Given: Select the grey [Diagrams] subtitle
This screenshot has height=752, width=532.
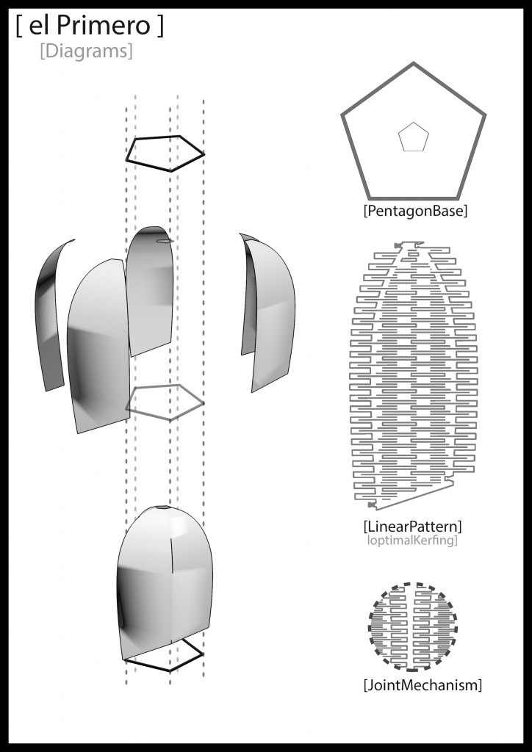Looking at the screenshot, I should pyautogui.click(x=87, y=52).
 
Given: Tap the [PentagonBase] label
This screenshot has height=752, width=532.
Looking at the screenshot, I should pyautogui.click(x=415, y=211).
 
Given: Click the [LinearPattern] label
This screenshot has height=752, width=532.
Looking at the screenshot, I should pyautogui.click(x=412, y=527).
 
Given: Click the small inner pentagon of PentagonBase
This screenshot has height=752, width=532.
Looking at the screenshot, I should pyautogui.click(x=412, y=137).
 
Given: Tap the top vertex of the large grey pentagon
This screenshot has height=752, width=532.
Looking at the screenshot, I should pyautogui.click(x=412, y=64).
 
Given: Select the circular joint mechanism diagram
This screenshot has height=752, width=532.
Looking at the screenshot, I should pyautogui.click(x=412, y=626).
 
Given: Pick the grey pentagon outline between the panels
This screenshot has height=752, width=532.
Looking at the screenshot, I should pyautogui.click(x=165, y=402).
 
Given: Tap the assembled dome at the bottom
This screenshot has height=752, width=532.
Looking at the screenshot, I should pyautogui.click(x=165, y=580).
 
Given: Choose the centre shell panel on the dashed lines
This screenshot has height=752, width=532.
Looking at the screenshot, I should pyautogui.click(x=151, y=290).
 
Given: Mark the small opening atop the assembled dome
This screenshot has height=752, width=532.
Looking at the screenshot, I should pyautogui.click(x=162, y=508).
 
